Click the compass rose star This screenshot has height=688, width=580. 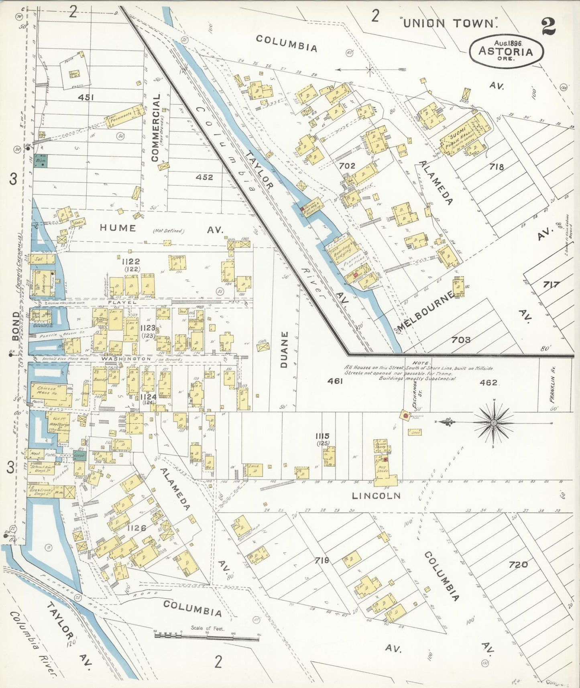click(493, 422)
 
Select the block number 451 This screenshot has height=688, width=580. click(86, 98)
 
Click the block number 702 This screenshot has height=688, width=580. click(347, 165)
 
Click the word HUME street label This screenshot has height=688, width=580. click(118, 228)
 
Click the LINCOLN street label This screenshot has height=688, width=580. click(376, 496)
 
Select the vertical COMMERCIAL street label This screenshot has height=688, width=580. click(155, 128)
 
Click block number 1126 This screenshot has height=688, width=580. click(136, 528)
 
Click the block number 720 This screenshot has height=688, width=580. click(518, 565)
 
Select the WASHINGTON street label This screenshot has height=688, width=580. click(120, 358)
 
